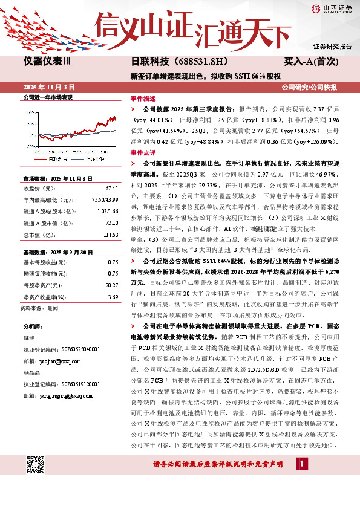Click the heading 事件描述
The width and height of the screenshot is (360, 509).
tap(143, 98)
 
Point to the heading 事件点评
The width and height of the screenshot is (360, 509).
tap(143, 152)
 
